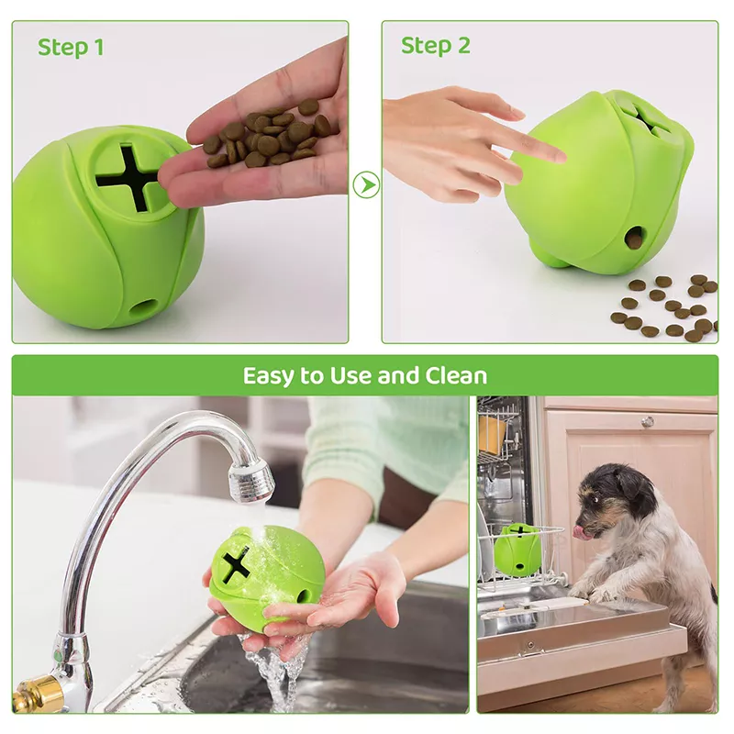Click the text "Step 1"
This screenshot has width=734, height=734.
70,47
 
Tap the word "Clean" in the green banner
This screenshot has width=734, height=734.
456,375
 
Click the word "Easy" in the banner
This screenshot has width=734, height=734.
272,375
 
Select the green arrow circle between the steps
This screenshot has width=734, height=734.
365,183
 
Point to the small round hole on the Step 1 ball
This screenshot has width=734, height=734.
142,306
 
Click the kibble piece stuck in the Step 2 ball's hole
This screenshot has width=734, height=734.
634,239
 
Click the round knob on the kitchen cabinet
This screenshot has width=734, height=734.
648,421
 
